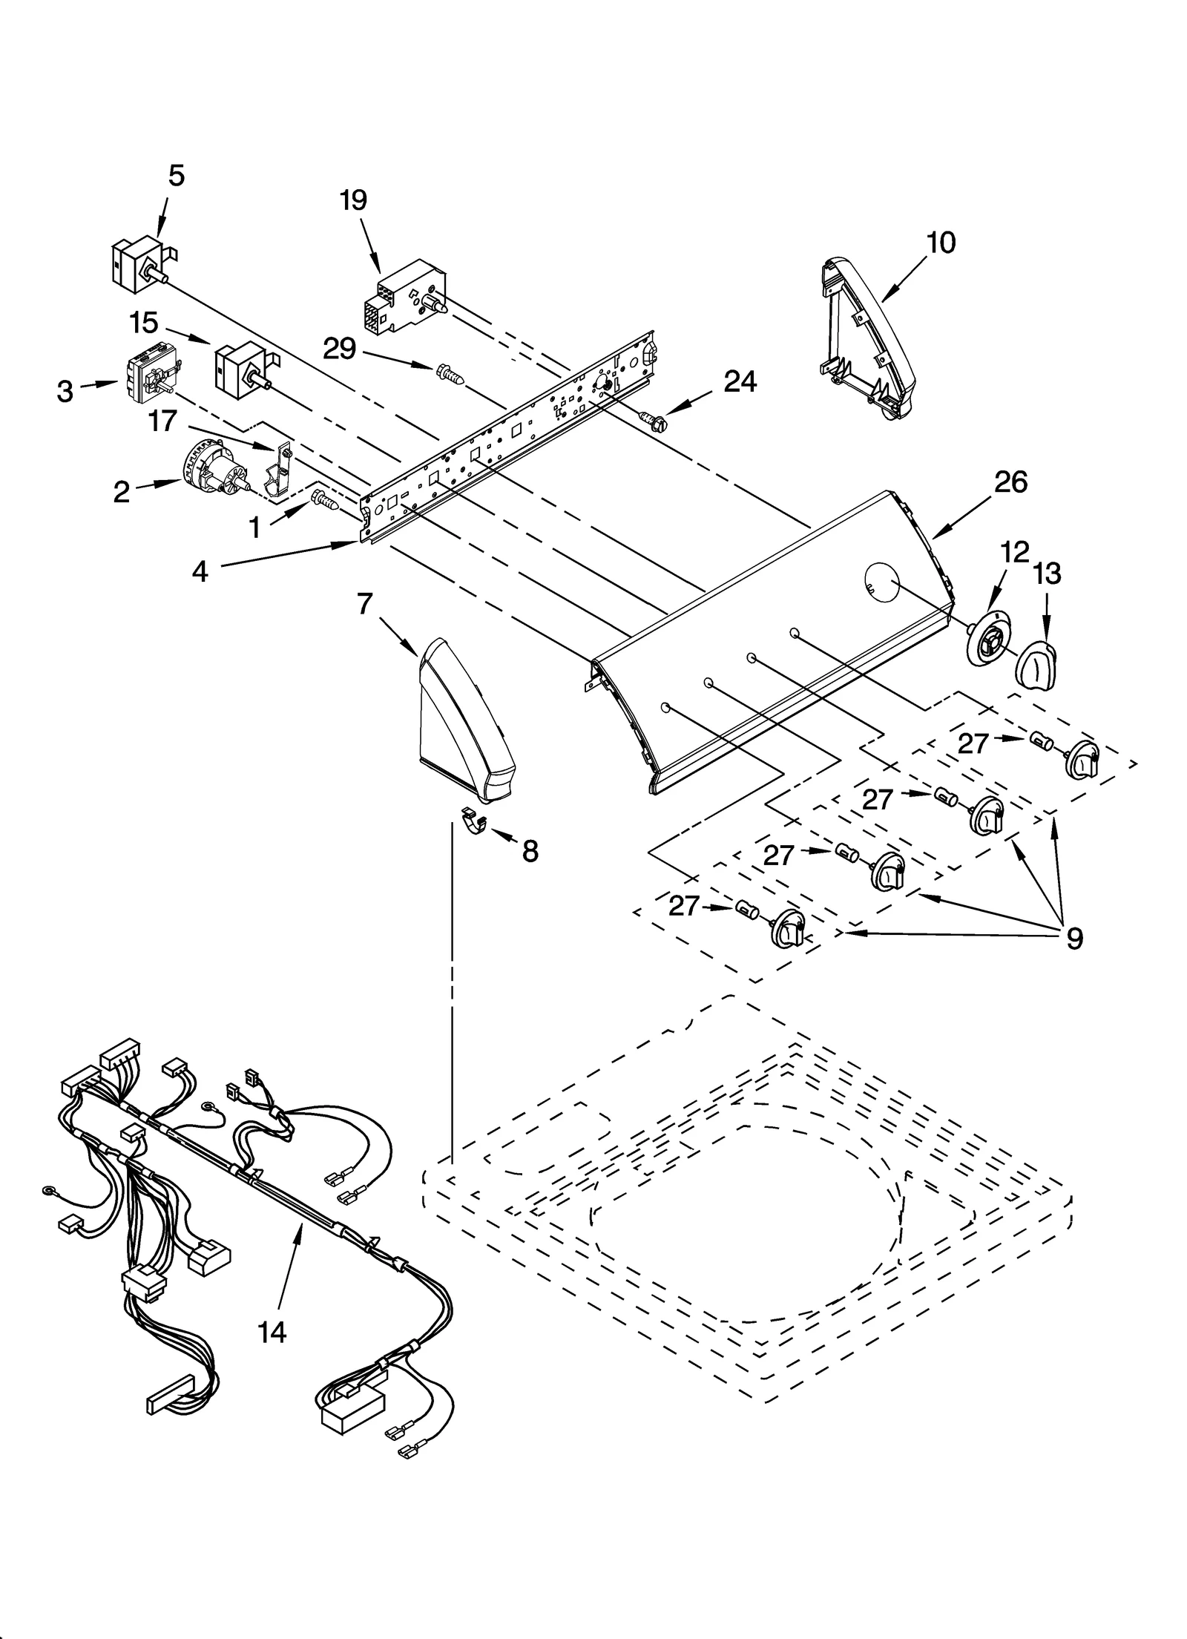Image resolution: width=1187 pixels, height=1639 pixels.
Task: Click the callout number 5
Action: tap(176, 176)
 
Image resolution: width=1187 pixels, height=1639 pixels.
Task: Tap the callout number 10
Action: tap(941, 243)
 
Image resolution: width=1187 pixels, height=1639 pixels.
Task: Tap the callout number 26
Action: tap(1010, 483)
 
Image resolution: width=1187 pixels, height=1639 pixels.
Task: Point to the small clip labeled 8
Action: tap(472, 820)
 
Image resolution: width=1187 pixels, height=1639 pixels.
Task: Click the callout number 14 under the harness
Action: tap(272, 1332)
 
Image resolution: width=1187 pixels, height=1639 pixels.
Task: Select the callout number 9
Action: tap(1074, 939)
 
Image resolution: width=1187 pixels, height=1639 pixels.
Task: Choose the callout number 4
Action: tap(200, 572)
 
